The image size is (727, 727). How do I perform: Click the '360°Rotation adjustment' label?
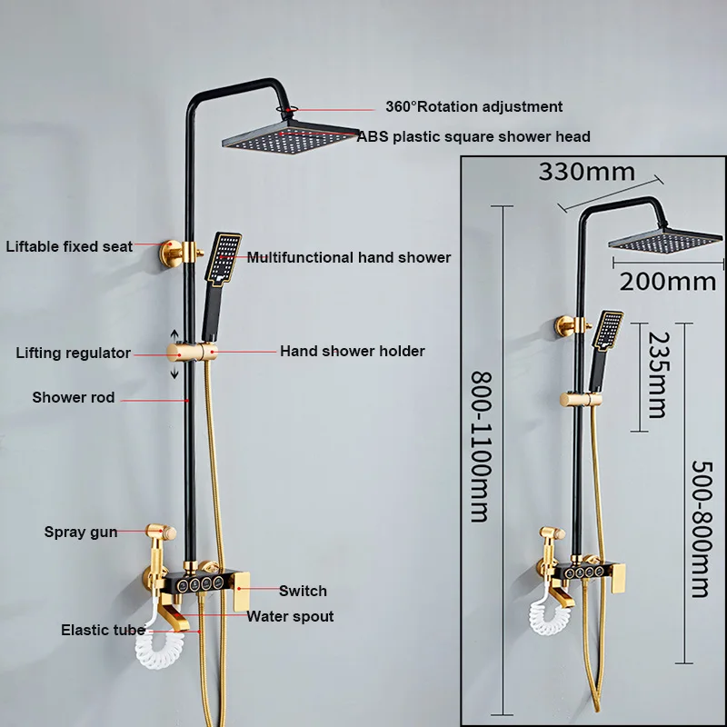coord(473,106)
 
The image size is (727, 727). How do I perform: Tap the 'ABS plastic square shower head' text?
coord(473,136)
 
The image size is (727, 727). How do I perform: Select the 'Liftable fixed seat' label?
coord(69,245)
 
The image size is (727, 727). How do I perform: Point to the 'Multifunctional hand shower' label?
coord(349,257)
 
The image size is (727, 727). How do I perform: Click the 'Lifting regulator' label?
coord(74,353)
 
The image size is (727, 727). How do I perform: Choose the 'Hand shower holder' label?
coord(353,351)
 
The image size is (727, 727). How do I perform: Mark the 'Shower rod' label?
coord(74,397)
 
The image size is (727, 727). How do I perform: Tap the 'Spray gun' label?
coord(81,532)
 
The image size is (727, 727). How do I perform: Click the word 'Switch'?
coord(303,591)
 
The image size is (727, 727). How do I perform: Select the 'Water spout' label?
coord(291,616)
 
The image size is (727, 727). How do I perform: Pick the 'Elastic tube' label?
coord(103,629)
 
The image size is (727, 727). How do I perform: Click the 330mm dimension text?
coord(585,171)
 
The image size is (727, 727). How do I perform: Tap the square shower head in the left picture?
coord(290,141)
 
